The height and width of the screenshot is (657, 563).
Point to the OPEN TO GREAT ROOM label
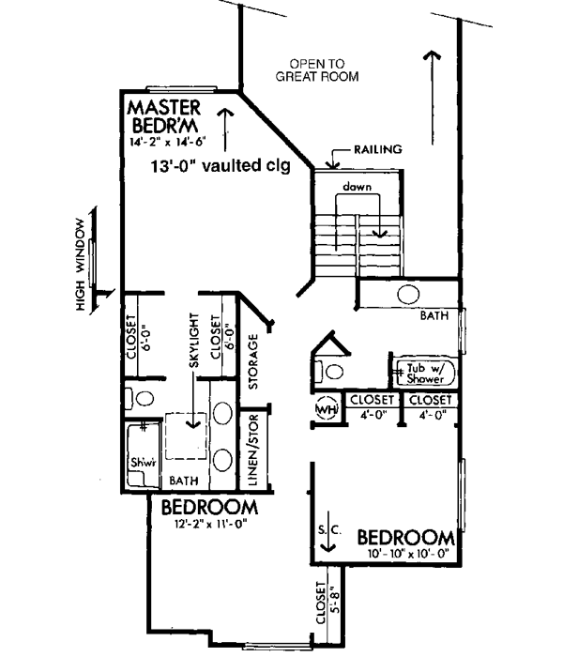(317, 69)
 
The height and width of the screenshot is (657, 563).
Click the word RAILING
(378, 148)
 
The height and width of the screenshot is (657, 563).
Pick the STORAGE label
(252, 360)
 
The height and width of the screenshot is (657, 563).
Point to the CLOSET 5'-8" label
(322, 607)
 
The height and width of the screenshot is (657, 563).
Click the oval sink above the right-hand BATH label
(408, 294)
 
